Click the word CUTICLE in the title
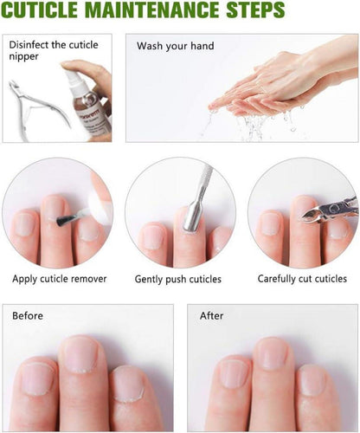pos(40,10)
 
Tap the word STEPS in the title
pos(255,10)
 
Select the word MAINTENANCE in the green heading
pos(152,10)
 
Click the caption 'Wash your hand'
pos(176,46)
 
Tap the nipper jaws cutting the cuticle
pos(312,216)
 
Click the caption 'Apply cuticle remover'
pos(60,279)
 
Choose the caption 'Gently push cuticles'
pos(178,279)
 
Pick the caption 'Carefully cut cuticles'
pos(302,279)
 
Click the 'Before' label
pos(28,315)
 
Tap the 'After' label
pos(211,315)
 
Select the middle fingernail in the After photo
pos(270,354)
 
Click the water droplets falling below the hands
pos(251,124)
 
